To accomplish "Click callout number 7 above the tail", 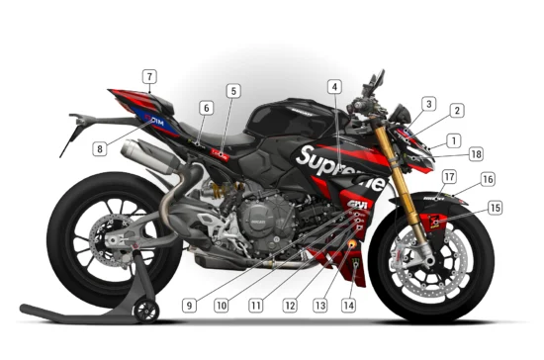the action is (x=148, y=76).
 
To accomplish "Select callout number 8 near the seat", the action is (x=100, y=149).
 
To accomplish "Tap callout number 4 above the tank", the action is (x=335, y=87).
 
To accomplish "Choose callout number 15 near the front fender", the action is (x=495, y=208).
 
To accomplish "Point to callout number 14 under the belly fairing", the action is (x=347, y=306).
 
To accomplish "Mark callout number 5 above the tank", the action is (x=232, y=91).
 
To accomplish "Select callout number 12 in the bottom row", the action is (x=289, y=306).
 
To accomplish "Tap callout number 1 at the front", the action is (x=452, y=140).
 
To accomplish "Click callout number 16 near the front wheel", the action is (x=487, y=180).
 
